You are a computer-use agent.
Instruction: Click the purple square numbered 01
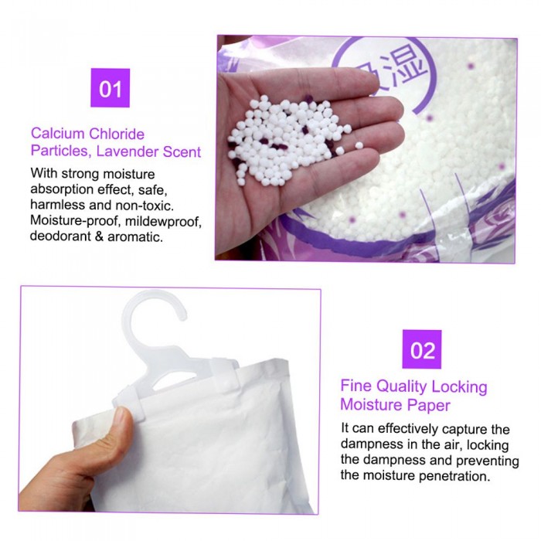(x=110, y=88)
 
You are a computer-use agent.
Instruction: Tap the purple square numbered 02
(x=422, y=349)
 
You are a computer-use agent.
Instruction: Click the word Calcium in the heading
(x=58, y=134)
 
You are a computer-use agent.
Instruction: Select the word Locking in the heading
(x=459, y=386)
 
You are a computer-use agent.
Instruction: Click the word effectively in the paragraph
(x=408, y=429)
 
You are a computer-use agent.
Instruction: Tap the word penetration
(x=454, y=477)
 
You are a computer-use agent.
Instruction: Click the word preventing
(x=487, y=461)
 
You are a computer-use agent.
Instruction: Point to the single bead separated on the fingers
(x=359, y=145)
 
